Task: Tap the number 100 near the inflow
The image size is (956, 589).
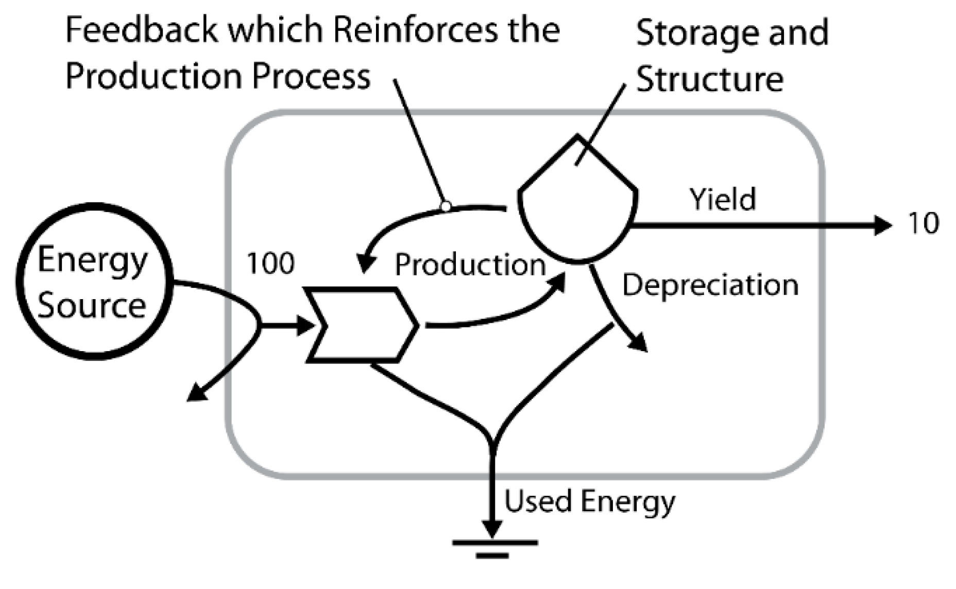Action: pyautogui.click(x=270, y=263)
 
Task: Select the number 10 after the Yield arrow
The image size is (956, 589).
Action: pyautogui.click(x=924, y=223)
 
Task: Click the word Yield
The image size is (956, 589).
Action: pyautogui.click(x=722, y=199)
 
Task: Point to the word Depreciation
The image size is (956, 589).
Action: pyautogui.click(x=710, y=285)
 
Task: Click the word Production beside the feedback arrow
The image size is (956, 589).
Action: pyautogui.click(x=469, y=265)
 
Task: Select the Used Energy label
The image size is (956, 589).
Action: pyautogui.click(x=589, y=501)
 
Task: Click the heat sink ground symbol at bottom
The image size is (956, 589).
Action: pyautogui.click(x=494, y=548)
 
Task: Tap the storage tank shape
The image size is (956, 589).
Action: pyautogui.click(x=577, y=206)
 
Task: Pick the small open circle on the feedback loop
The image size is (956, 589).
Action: pyautogui.click(x=446, y=206)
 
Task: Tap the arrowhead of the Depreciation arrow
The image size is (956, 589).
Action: pyautogui.click(x=639, y=342)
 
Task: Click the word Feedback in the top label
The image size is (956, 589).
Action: pyautogui.click(x=141, y=29)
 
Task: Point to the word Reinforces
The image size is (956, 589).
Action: pyautogui.click(x=415, y=29)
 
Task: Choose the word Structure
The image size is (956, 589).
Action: pyautogui.click(x=709, y=79)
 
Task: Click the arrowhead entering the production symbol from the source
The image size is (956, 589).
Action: pyautogui.click(x=306, y=325)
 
